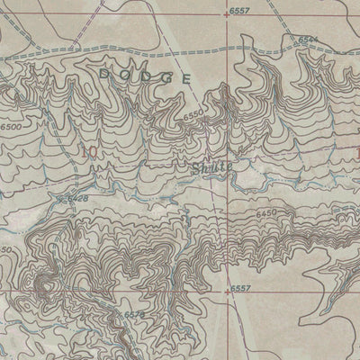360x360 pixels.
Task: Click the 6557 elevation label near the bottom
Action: [238, 288]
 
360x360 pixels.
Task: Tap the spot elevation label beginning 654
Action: [309, 40]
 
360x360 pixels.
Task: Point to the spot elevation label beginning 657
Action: [135, 313]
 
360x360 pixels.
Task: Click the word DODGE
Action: [146, 74]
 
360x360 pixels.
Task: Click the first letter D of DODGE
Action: [107, 69]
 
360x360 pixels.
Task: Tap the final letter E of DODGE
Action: [185, 79]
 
